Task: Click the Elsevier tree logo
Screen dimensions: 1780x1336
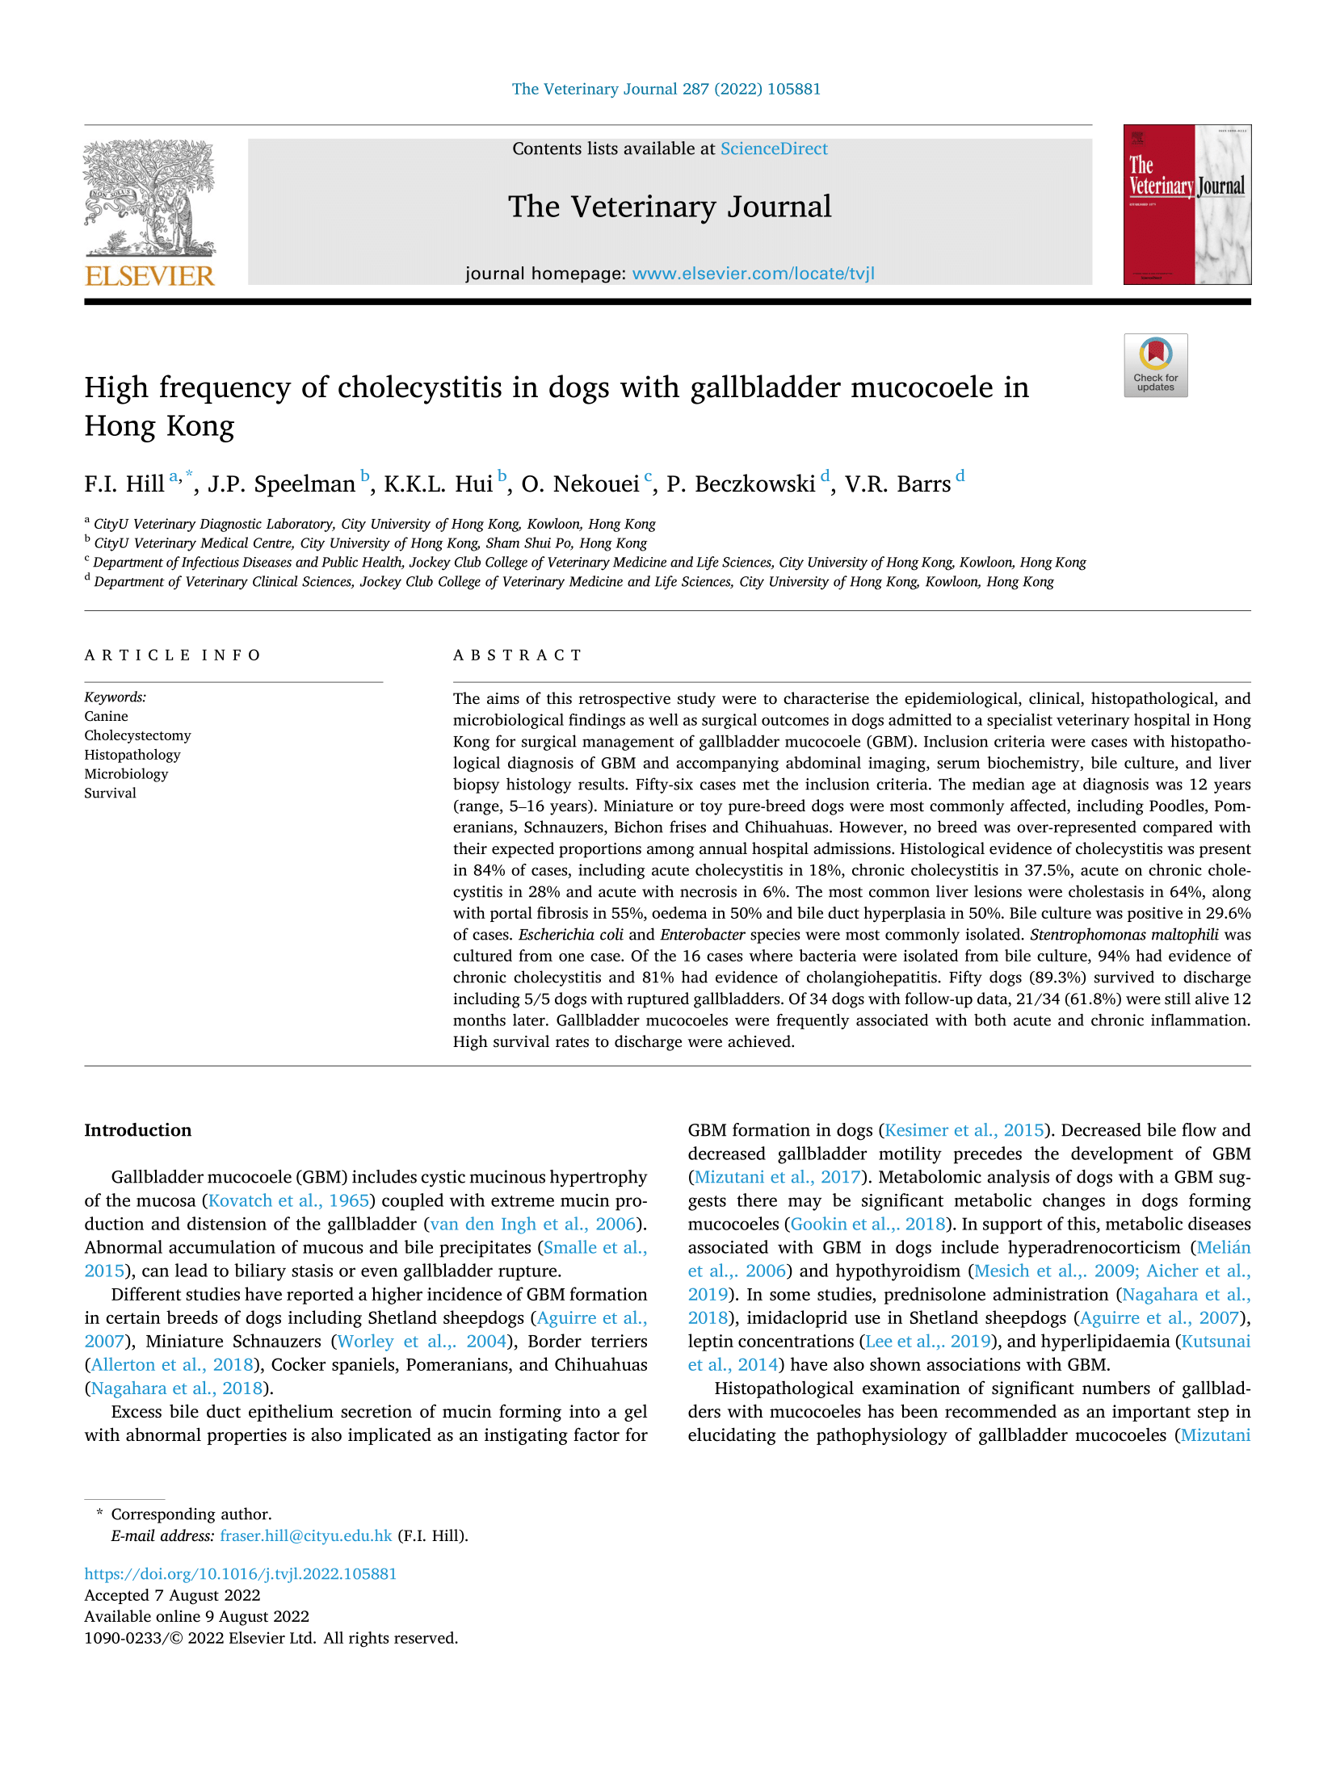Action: click(149, 198)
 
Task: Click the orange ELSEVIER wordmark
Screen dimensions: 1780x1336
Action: click(149, 276)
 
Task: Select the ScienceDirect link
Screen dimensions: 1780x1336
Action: click(773, 149)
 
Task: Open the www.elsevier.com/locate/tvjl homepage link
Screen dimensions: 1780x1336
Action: click(753, 274)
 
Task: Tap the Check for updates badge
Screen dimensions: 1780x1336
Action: click(1155, 365)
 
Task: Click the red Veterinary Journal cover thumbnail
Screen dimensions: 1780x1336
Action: click(1186, 204)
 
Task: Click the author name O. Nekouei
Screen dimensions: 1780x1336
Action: click(580, 484)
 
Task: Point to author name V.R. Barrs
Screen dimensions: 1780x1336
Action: click(897, 484)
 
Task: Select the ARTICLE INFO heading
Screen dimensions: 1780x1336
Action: click(172, 655)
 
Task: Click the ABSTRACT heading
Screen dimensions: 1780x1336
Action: click(517, 655)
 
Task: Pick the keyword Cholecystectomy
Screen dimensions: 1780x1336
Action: click(137, 735)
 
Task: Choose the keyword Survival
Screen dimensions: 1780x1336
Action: click(110, 793)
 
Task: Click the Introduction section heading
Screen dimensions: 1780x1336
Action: click(137, 1130)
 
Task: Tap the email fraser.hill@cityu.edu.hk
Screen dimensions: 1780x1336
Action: click(305, 1535)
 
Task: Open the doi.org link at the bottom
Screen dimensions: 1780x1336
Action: click(240, 1573)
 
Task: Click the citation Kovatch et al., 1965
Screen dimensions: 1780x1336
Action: click(288, 1200)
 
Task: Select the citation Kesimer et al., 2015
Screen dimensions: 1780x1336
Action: click(964, 1130)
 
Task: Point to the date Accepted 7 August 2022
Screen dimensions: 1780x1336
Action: click(172, 1595)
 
